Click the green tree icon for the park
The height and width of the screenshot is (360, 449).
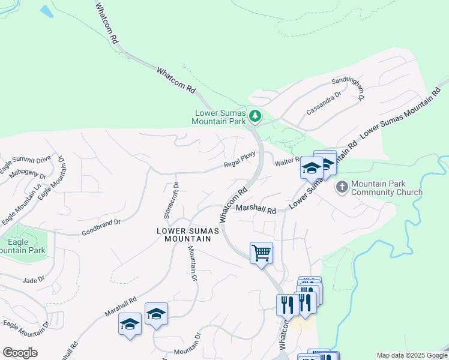(255, 115)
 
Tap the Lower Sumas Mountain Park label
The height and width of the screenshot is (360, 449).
(218, 117)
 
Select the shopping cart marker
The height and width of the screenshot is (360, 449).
(261, 253)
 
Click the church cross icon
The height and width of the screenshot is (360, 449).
(342, 187)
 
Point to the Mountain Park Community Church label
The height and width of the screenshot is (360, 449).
(387, 188)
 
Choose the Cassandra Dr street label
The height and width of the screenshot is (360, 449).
(324, 101)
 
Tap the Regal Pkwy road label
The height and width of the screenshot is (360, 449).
(240, 161)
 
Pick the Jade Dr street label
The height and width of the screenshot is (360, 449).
(33, 280)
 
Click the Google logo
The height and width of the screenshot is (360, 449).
(19, 352)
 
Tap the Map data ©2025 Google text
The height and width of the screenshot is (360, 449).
(411, 355)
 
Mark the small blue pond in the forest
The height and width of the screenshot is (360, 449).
(46, 10)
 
